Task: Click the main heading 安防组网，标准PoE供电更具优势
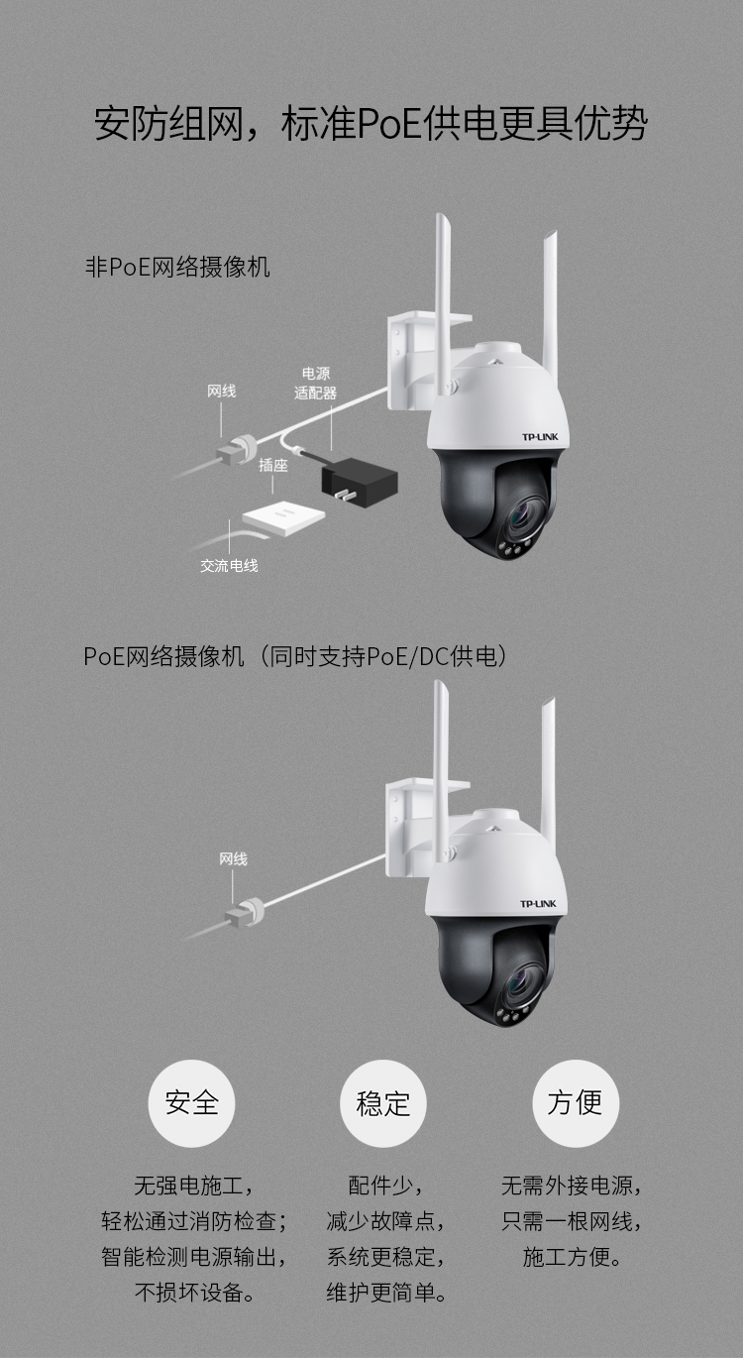click(x=371, y=124)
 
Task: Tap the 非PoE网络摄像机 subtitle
click(x=177, y=267)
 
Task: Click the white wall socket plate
click(x=283, y=517)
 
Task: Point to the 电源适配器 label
click(x=315, y=384)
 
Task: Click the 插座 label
click(x=273, y=465)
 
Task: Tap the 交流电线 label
click(x=229, y=566)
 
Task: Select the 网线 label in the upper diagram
click(x=222, y=391)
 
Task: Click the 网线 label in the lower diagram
click(x=234, y=859)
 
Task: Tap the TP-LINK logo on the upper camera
click(x=540, y=436)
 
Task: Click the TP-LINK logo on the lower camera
click(x=538, y=904)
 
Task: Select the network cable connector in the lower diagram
click(x=245, y=913)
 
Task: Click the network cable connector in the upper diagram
click(x=237, y=449)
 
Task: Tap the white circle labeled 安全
click(x=191, y=1103)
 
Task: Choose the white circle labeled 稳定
click(x=383, y=1103)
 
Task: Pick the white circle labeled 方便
click(x=576, y=1103)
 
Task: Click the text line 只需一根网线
click(x=572, y=1221)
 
